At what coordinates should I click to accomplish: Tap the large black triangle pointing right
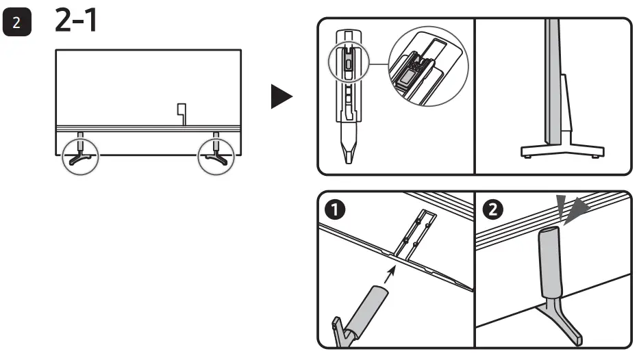[281, 97]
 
